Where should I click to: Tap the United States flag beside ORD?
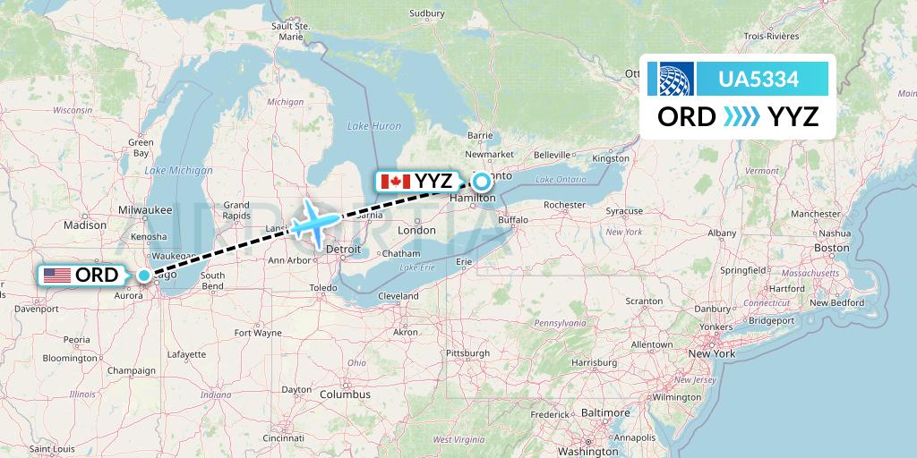tap(56, 275)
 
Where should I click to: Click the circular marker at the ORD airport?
tap(144, 275)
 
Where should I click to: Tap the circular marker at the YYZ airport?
tap(481, 182)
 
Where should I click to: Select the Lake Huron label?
tap(374, 126)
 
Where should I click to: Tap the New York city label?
tap(711, 354)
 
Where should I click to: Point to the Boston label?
tap(831, 248)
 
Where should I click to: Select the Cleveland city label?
tap(399, 296)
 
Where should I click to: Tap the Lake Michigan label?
tap(167, 170)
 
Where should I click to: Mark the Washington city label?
tap(587, 452)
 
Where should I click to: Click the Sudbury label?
tap(426, 13)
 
